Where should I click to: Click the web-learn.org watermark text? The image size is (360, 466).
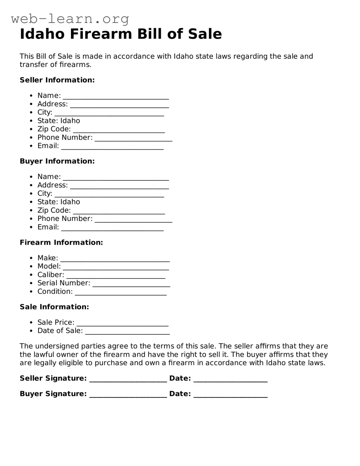pos(70,19)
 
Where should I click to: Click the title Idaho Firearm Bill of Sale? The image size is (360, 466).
pos(121,34)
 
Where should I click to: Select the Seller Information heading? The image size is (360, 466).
pos(57,80)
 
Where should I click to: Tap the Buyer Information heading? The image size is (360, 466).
pos(57,161)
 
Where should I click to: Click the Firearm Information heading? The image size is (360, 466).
pos(61,242)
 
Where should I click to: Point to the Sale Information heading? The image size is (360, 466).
pos(54,307)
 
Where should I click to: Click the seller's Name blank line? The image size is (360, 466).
pos(116,96)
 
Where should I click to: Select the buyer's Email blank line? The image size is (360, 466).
pos(112,228)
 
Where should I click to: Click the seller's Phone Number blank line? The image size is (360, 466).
pos(133,138)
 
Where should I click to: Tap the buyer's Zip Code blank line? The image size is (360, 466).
pos(119,211)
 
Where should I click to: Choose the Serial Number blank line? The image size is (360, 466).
pos(131,283)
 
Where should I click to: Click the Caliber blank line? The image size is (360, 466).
pos(116,275)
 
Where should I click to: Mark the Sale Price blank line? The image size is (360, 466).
pos(122,323)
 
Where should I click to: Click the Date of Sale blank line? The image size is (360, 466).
pos(127,331)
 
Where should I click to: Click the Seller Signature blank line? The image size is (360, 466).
pos(128,379)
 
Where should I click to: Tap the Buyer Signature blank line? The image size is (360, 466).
pos(128,394)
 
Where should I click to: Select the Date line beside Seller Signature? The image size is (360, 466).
pos(230,379)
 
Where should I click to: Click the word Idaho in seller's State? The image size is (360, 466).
pos(70,121)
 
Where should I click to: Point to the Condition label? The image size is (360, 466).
pos(55,291)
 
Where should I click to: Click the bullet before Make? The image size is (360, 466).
pos(32,258)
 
